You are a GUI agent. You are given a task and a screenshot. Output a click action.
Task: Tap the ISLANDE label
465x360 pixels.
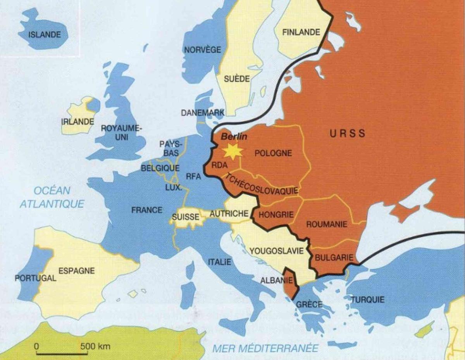click(45, 35)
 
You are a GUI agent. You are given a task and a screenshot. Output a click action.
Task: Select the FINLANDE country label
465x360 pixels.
click(301, 33)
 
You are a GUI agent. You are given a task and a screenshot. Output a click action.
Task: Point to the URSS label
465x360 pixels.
click(348, 134)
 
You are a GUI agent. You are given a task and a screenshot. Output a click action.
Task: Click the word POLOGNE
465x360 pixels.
click(273, 153)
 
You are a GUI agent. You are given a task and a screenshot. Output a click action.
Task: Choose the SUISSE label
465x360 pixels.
click(185, 217)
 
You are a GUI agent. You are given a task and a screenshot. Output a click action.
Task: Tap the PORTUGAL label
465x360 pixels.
click(35, 278)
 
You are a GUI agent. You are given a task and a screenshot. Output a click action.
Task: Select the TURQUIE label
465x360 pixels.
click(368, 300)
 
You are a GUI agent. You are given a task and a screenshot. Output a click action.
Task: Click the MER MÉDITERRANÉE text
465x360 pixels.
click(265, 348)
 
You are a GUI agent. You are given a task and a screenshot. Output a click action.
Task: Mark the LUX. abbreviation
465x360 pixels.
click(174, 188)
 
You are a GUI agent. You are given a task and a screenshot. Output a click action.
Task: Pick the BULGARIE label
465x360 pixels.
click(334, 257)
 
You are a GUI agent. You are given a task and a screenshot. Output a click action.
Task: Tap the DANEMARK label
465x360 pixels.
click(203, 113)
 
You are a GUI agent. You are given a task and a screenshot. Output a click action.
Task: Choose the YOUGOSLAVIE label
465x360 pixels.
click(276, 251)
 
